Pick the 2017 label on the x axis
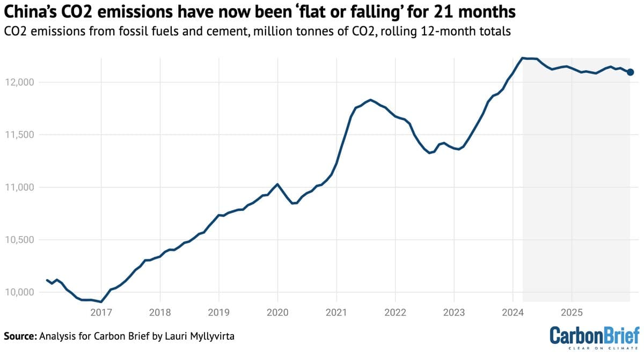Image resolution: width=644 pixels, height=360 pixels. (101, 312)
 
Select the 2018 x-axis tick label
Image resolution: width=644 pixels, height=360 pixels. (160, 312)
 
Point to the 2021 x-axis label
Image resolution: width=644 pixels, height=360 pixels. (336, 312)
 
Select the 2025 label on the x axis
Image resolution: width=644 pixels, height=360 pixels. (572, 312)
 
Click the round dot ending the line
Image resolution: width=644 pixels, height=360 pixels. (630, 72)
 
